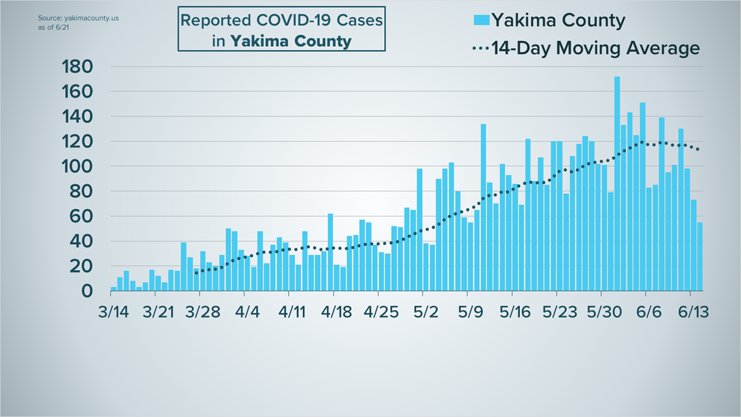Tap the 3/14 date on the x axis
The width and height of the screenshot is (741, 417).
[113, 312]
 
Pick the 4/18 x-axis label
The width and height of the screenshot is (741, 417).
[335, 312]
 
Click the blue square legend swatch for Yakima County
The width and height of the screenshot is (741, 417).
[481, 20]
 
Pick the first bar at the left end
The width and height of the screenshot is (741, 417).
[113, 288]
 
